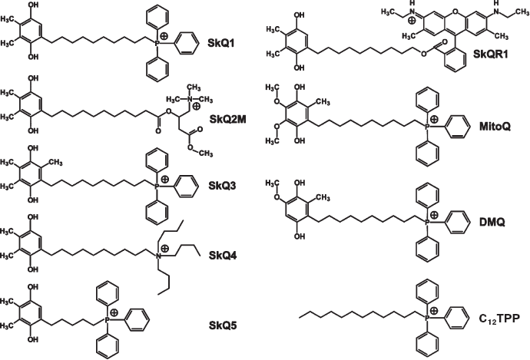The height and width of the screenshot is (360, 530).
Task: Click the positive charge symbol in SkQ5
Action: pos(112,313)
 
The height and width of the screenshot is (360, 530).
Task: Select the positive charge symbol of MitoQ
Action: pos(434,120)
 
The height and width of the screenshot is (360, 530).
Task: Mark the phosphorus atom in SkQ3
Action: pos(157,185)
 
